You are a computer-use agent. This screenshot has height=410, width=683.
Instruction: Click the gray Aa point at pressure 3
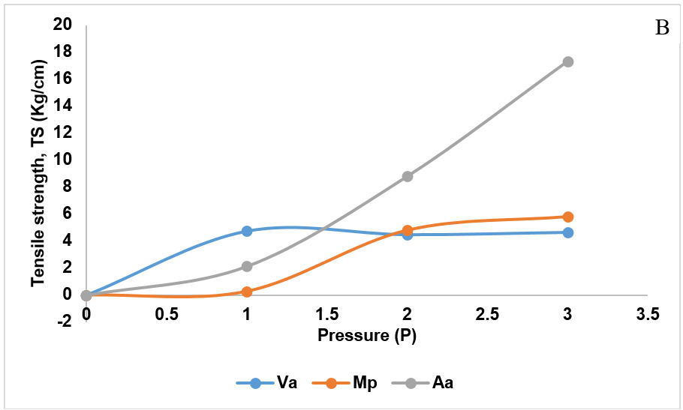568,61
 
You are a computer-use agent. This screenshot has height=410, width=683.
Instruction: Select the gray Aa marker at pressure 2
408,176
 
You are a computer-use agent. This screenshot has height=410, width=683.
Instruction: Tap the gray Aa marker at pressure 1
247,266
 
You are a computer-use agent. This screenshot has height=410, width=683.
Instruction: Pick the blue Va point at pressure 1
247,231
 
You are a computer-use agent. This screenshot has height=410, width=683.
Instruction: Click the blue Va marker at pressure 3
568,232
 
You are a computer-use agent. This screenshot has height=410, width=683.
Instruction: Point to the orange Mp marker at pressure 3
568,217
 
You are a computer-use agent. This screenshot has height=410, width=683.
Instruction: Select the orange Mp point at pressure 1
247,292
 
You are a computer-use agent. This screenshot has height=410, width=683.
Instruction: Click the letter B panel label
662,28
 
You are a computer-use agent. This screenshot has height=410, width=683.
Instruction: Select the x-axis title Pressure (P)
366,335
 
